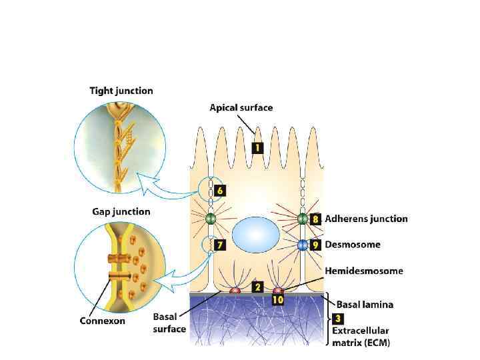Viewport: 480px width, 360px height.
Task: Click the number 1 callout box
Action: (x=257, y=148)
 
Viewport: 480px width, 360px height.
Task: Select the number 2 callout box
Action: (x=257, y=287)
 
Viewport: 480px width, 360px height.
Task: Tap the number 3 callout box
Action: (x=339, y=319)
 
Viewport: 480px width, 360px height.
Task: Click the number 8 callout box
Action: (x=316, y=219)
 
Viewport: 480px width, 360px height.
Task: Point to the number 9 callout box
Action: (x=316, y=245)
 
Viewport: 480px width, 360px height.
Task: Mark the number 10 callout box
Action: (x=278, y=300)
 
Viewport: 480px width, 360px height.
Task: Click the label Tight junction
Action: (x=121, y=91)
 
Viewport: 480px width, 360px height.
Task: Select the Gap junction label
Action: (x=121, y=212)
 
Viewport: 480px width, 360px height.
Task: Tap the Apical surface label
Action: (x=241, y=107)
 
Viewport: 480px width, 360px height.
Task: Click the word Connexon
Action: (x=103, y=321)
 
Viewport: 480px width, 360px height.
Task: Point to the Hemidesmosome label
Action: (x=364, y=271)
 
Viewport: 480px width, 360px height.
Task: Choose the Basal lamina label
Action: (x=364, y=305)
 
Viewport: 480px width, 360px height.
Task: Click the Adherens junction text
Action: (x=366, y=219)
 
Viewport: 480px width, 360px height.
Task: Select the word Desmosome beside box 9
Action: (x=353, y=245)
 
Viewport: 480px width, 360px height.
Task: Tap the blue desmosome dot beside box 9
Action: (x=303, y=245)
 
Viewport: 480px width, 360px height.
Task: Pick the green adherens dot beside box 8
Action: (x=303, y=219)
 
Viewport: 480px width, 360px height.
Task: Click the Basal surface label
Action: (x=170, y=323)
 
